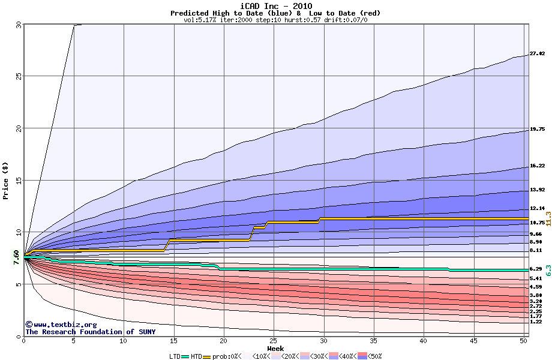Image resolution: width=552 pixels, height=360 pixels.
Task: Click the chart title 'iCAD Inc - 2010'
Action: (x=275, y=5)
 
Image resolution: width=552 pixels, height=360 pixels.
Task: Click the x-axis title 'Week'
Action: (x=275, y=349)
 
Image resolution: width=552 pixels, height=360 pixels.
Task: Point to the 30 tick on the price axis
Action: (x=18, y=25)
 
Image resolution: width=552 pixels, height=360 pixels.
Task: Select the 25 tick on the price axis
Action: (x=18, y=76)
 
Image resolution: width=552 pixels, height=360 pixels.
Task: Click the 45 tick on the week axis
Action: (x=474, y=341)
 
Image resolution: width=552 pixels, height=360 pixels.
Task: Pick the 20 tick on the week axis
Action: (x=224, y=341)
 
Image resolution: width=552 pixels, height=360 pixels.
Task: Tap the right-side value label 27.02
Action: (x=537, y=54)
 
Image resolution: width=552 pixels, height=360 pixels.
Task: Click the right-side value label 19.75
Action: (x=537, y=130)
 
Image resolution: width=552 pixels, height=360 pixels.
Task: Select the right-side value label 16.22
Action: (x=537, y=166)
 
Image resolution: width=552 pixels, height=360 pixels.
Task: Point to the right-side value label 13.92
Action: (x=537, y=190)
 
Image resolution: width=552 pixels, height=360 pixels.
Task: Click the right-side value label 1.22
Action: (x=536, y=322)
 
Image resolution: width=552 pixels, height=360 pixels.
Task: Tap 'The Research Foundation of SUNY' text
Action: (x=90, y=332)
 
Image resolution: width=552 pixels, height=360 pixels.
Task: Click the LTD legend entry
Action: (x=175, y=356)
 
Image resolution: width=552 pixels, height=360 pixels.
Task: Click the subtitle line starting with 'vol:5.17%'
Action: (x=275, y=20)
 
